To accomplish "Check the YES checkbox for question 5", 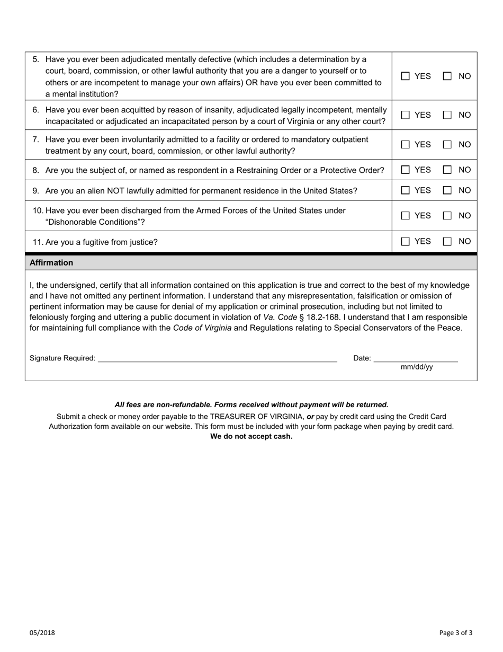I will tap(406, 76).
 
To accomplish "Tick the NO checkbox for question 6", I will tap(447, 115).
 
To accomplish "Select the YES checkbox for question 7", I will tap(406, 145).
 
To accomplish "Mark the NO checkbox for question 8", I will tap(447, 170).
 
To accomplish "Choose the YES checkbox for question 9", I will tap(406, 191).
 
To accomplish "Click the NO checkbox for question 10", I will tap(447, 216).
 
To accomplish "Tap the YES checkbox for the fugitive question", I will tap(406, 242).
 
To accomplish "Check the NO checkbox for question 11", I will tap(447, 242).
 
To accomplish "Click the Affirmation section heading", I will tap(51, 263).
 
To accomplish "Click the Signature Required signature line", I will tap(217, 359).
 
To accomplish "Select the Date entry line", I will tap(416, 359).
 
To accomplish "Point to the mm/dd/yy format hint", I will tap(417, 367).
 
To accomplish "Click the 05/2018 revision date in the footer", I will tap(42, 632).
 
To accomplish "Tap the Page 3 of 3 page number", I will tap(456, 632).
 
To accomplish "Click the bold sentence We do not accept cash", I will tap(251, 437).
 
